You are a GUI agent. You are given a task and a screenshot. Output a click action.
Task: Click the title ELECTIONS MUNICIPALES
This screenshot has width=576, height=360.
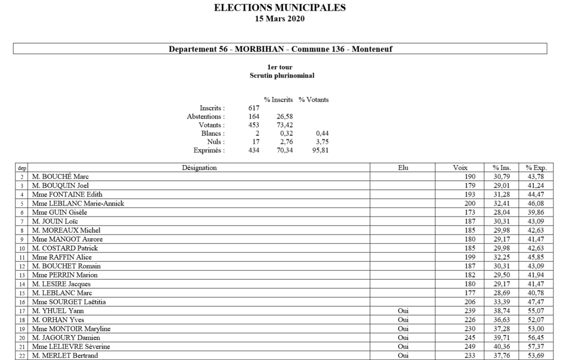(x=280, y=8)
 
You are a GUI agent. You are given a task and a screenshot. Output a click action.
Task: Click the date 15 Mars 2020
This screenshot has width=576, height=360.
(x=280, y=18)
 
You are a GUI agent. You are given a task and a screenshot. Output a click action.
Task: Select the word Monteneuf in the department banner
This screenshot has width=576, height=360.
(x=372, y=49)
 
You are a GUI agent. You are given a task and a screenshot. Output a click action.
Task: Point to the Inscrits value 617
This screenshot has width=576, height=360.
(x=254, y=108)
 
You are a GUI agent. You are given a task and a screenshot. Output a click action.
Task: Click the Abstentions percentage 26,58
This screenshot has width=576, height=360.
(x=284, y=117)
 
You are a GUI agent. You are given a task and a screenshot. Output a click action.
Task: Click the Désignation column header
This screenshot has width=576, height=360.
(x=199, y=168)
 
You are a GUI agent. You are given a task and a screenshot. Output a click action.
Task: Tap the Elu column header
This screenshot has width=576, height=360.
(x=403, y=168)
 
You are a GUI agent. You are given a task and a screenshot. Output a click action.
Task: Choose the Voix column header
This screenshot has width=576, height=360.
(x=460, y=168)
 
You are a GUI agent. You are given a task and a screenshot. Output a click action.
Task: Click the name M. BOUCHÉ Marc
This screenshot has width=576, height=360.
(x=60, y=176)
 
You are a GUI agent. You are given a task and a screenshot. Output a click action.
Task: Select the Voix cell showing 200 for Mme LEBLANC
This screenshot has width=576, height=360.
(x=469, y=203)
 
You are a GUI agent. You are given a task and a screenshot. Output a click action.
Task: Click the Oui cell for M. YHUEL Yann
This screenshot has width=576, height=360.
(x=403, y=310)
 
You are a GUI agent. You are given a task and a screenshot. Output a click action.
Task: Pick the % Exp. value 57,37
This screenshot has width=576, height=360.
(x=537, y=346)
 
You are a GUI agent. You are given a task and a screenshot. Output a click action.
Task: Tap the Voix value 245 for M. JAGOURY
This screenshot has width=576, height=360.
(x=469, y=337)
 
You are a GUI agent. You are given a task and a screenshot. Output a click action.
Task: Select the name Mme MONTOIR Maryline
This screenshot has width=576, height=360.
(x=71, y=329)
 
